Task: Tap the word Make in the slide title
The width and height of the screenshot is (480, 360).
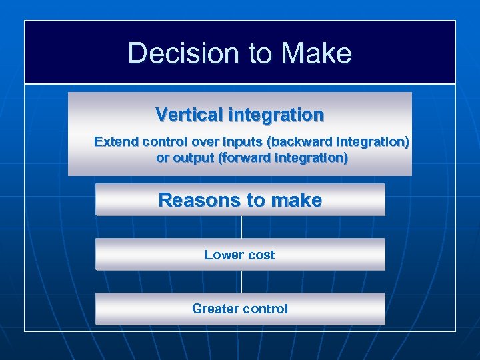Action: tap(317, 53)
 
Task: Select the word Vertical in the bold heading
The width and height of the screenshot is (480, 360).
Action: tap(189, 115)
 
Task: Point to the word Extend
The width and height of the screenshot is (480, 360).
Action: tap(116, 142)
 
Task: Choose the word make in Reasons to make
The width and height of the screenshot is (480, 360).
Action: tap(296, 200)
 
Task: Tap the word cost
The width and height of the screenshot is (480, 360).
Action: tap(260, 255)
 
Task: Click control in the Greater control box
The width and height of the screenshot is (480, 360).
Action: tap(265, 309)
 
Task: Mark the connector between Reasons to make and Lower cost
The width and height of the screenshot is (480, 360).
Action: tap(241, 227)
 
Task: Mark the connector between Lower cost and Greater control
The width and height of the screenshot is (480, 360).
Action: tap(241, 281)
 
